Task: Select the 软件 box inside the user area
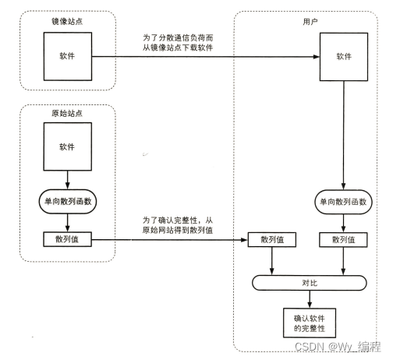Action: [x=344, y=56]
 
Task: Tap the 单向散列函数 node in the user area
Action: [x=344, y=201]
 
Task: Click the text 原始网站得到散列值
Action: [x=178, y=231]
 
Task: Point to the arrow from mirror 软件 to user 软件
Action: [x=203, y=57]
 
